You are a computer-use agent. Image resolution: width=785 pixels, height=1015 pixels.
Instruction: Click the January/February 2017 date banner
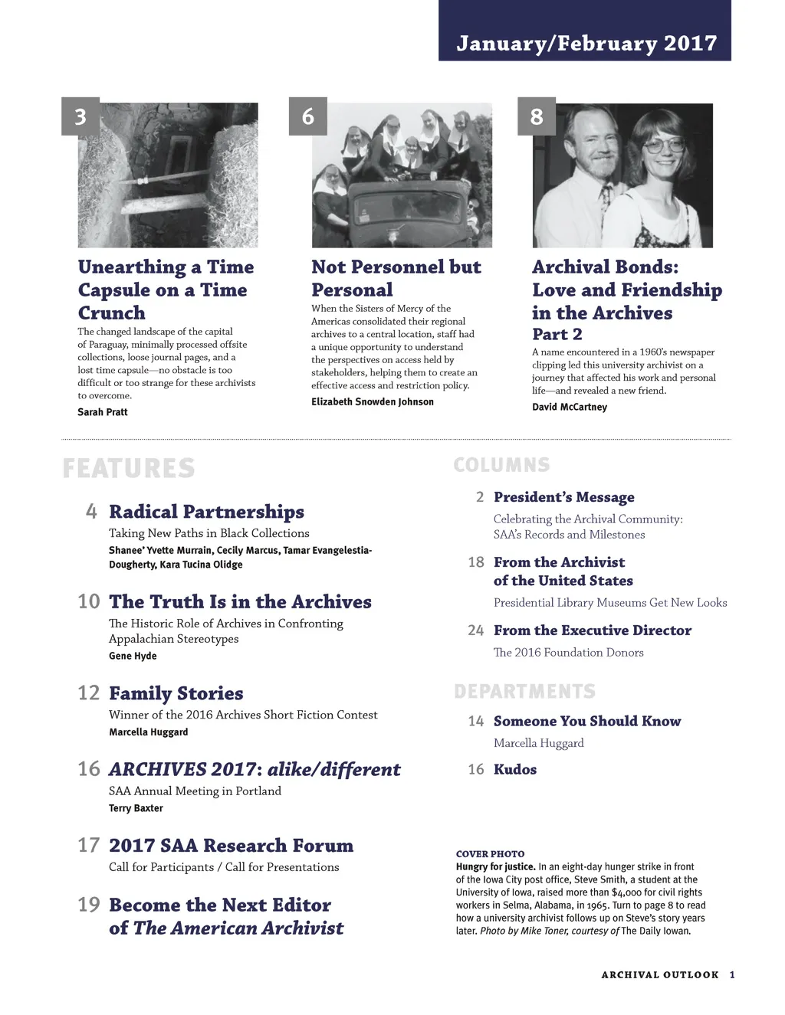[x=586, y=43]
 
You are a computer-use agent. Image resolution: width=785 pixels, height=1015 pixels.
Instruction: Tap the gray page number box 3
[x=80, y=116]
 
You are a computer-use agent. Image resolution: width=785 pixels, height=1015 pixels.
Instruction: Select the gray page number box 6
[x=308, y=116]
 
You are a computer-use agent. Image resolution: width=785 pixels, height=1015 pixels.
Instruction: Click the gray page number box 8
[x=537, y=116]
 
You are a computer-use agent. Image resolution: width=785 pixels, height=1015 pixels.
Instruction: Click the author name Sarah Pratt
[x=103, y=412]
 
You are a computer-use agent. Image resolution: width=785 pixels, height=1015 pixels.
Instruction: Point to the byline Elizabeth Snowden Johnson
[x=373, y=402]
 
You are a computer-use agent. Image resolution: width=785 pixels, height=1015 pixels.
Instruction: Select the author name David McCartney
[x=570, y=407]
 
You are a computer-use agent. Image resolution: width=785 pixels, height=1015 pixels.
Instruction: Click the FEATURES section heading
[x=129, y=468]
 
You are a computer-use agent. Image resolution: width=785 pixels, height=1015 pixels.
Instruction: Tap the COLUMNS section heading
[x=501, y=465]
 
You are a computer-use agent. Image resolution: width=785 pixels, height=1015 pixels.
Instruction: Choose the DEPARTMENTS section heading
[x=524, y=692]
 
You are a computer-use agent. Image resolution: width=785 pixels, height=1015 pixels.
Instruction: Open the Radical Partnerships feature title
[x=206, y=512]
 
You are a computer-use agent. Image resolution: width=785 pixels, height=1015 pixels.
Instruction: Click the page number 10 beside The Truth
[x=89, y=601]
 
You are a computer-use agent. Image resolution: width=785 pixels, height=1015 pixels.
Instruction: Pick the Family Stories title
[x=176, y=693]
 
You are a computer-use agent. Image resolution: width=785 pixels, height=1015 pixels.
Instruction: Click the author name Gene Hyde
[x=133, y=656]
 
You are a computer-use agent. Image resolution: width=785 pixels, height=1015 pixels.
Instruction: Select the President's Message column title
[x=564, y=497]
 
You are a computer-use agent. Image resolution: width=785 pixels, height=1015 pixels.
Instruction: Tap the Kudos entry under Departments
[x=515, y=769]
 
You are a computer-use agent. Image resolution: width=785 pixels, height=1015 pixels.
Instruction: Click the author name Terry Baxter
[x=136, y=808]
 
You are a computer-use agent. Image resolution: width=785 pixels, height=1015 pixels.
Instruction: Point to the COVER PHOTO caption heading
[x=491, y=854]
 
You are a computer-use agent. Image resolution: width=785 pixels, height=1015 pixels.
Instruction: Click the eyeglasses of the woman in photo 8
[x=664, y=144]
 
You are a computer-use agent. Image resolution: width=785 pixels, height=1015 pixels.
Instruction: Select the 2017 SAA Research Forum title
[x=231, y=846]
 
